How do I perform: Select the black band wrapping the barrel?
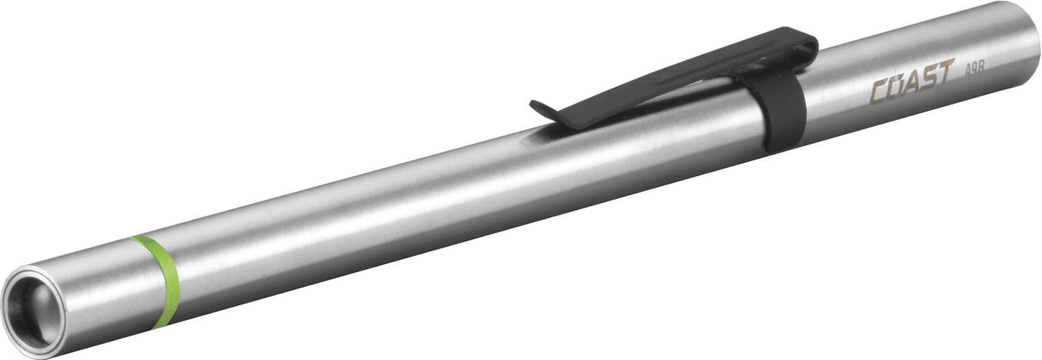(x=779, y=108)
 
